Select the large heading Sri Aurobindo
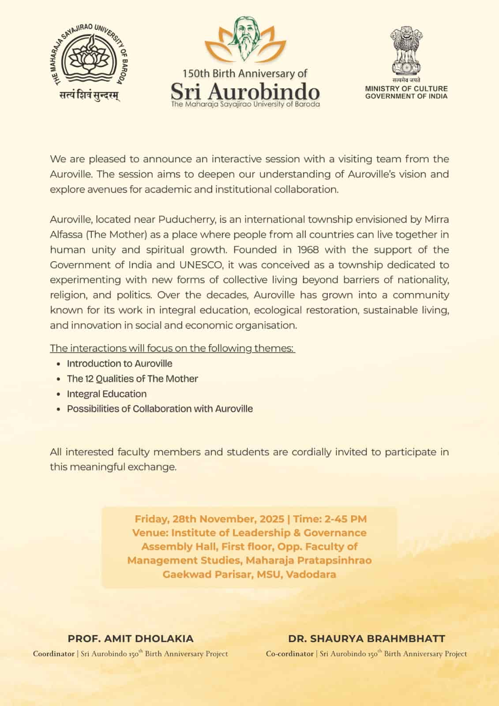tap(245, 91)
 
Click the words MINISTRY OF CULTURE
tap(406, 89)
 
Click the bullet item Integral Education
tap(106, 394)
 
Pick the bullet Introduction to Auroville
tap(119, 364)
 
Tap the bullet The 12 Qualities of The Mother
tap(132, 379)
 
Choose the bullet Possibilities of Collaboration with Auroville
tap(160, 409)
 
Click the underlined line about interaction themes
tap(172, 348)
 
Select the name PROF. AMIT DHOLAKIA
tap(131, 638)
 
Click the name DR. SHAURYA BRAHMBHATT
tap(367, 638)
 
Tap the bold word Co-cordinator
tap(289, 654)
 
